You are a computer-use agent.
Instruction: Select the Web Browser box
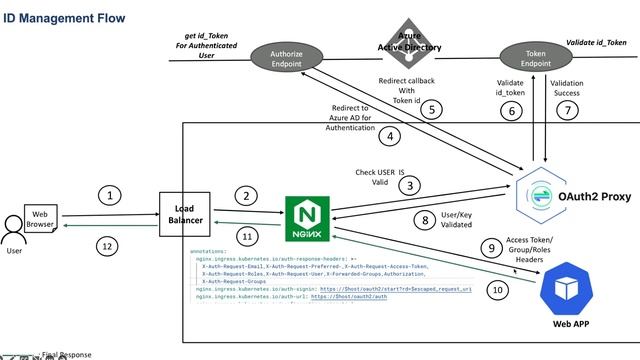click(x=40, y=218)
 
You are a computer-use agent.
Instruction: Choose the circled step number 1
click(x=111, y=195)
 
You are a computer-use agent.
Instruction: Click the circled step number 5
click(x=431, y=109)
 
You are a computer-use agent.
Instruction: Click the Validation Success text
click(x=567, y=89)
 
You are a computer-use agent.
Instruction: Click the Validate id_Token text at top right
click(x=596, y=43)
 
